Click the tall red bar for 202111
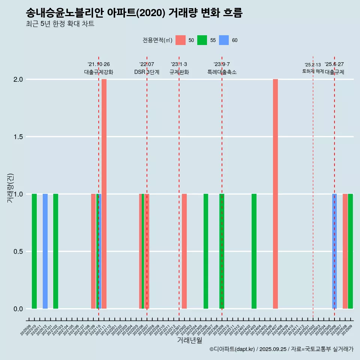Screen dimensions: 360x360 coord(104,194)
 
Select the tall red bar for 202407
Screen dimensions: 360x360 coord(275,194)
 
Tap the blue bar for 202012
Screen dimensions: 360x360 coord(45,251)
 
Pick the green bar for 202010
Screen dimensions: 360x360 coord(34,251)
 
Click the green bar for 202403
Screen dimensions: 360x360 coord(254,251)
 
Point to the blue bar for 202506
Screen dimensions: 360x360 coord(334,251)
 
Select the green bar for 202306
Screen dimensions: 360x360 coord(206,251)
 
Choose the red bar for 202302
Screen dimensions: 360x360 coord(184,251)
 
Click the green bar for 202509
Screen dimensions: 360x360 coord(350,251)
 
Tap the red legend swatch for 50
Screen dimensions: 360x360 coord(180,40)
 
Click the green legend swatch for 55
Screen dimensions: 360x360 coord(202,40)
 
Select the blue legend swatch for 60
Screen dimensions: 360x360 coord(224,40)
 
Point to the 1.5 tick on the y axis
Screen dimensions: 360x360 coord(18,137)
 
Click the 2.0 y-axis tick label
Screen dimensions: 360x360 coord(18,79)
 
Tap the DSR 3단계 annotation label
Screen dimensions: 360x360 coord(147,72)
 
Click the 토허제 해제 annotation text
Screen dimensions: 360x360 coord(313,71)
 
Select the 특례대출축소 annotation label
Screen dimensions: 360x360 coord(222,72)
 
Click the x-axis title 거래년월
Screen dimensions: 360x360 coord(189,340)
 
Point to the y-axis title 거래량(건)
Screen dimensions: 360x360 coord(10,188)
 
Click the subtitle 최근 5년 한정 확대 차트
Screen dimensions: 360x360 coord(60,24)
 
